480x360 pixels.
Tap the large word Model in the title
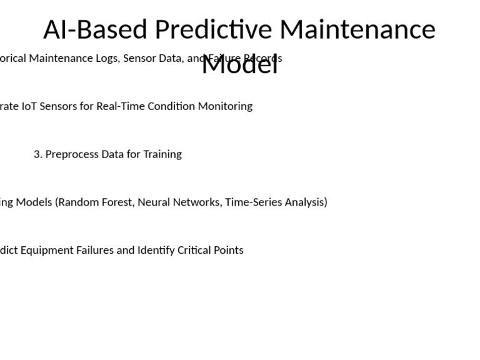pyautogui.click(x=239, y=64)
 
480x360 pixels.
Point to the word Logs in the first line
pyautogui.click(x=106, y=58)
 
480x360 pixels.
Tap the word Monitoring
pyautogui.click(x=225, y=106)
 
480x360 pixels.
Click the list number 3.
pyautogui.click(x=37, y=154)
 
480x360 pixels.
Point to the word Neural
pyautogui.click(x=153, y=202)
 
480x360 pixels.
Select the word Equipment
pyautogui.click(x=47, y=250)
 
